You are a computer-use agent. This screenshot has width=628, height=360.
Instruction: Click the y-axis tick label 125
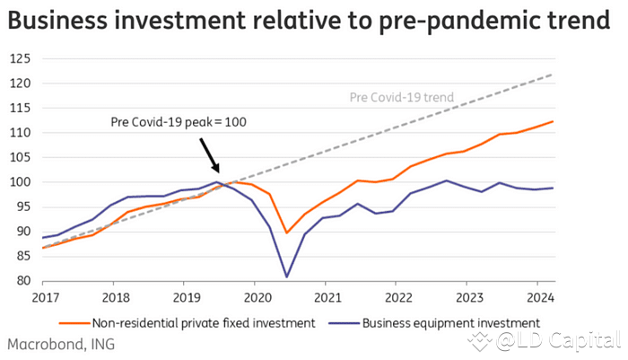pos(21,58)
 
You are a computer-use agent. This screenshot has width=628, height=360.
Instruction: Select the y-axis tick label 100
pos(21,182)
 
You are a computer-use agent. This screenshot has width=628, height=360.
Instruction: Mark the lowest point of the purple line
pos(286,277)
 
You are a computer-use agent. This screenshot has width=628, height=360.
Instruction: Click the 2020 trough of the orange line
pos(286,233)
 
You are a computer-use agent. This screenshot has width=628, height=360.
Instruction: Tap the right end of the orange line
pos(553,121)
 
